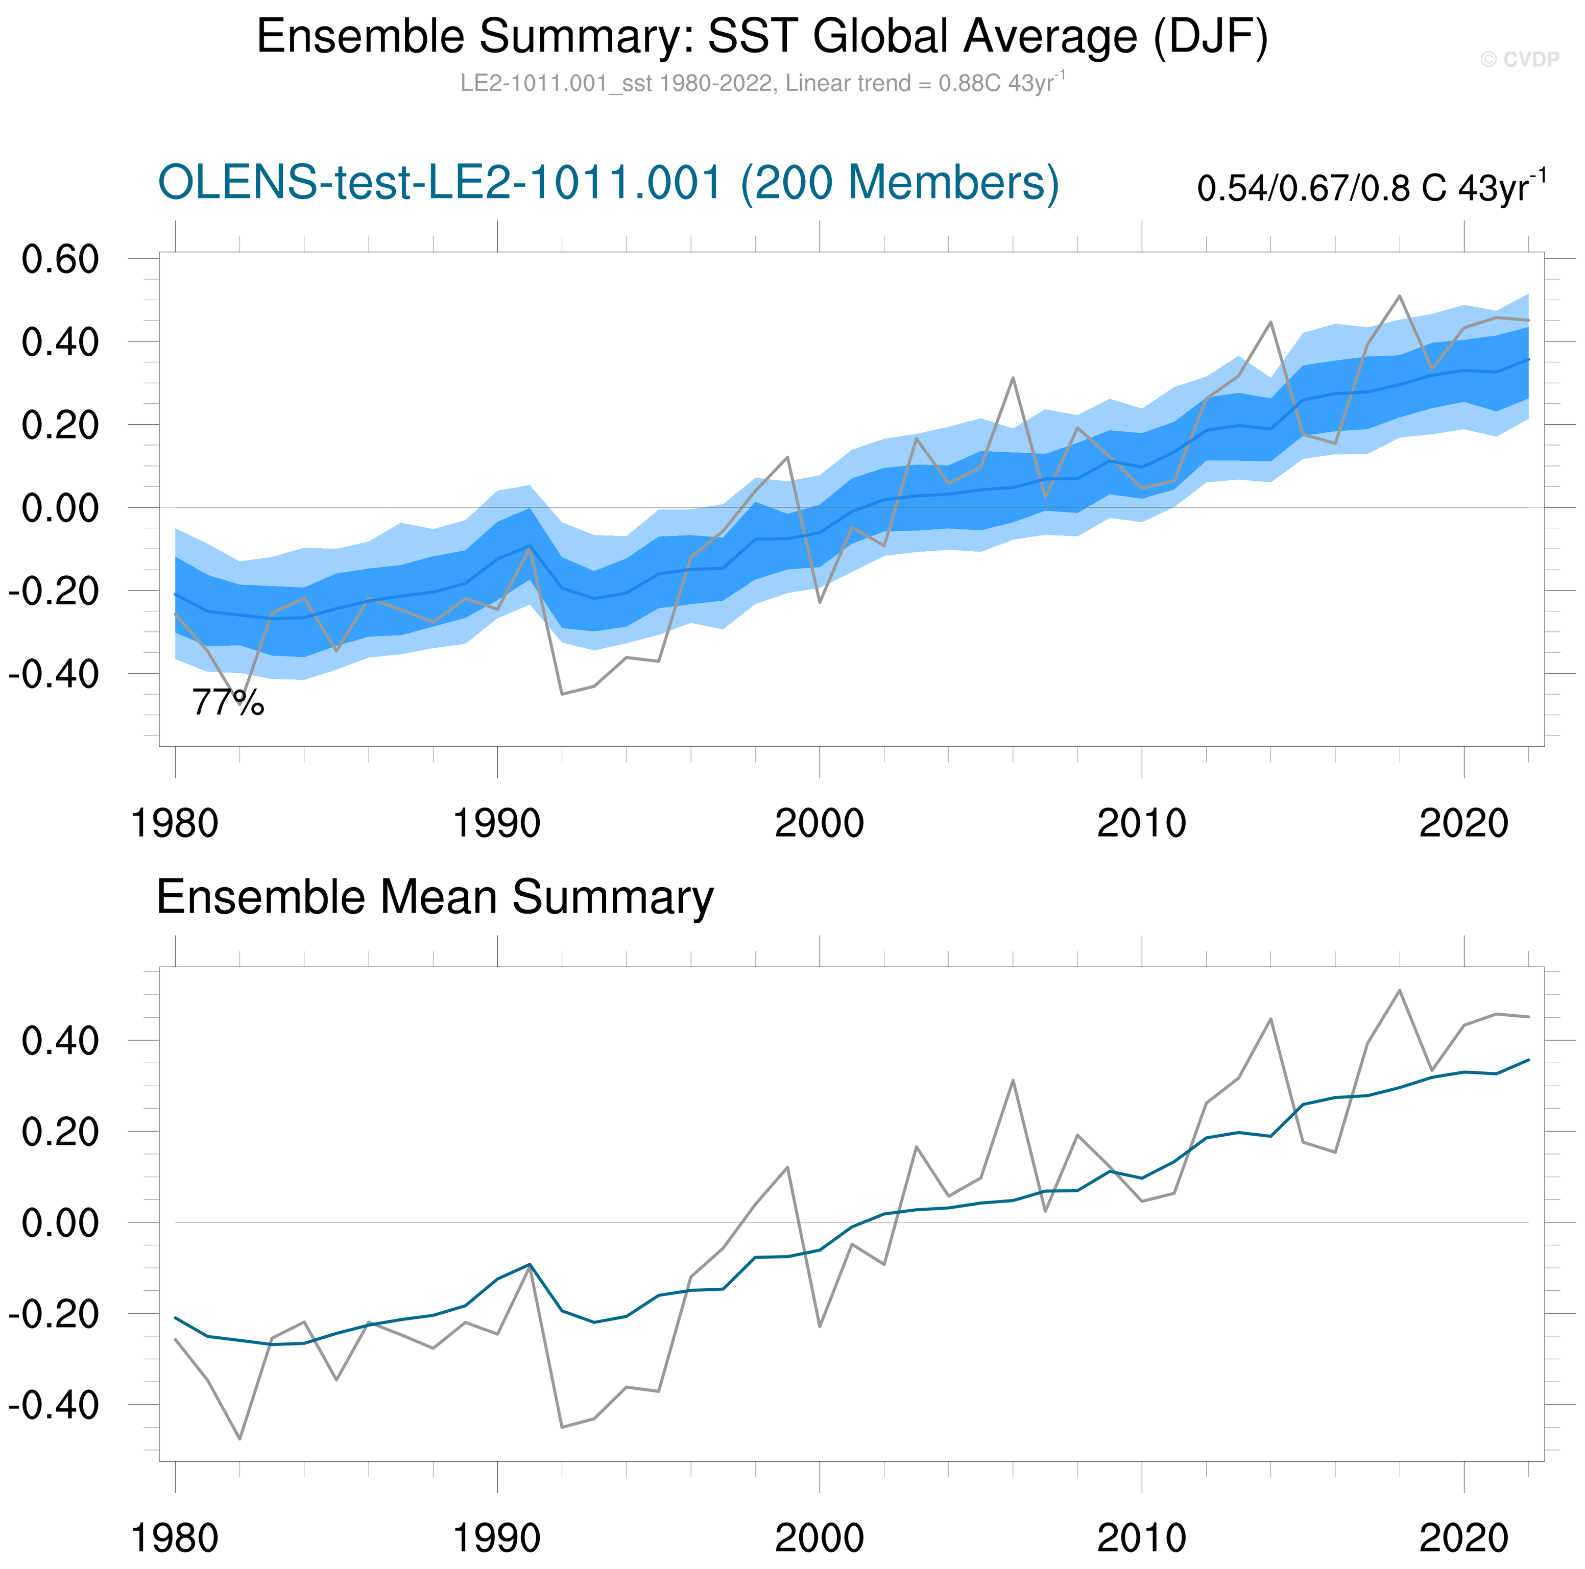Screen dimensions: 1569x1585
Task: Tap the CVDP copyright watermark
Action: pos(1519,59)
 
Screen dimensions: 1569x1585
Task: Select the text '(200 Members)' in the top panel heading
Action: pos(899,182)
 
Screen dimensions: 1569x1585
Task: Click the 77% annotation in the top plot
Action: pos(228,703)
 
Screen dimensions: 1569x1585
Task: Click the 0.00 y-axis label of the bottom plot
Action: pos(60,1223)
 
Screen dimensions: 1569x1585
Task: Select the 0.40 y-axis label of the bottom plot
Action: pos(60,1041)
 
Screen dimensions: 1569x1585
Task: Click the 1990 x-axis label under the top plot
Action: pos(497,823)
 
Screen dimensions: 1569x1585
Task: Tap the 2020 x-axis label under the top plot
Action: pos(1463,823)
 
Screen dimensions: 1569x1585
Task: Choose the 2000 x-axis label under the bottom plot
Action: pos(820,1538)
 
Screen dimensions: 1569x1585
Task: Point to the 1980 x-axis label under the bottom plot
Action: pos(175,1538)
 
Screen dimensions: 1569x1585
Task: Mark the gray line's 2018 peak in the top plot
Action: pos(1400,296)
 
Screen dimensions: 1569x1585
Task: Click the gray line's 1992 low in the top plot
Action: pos(562,694)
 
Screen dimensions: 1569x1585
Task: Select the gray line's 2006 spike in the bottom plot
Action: pos(1013,1080)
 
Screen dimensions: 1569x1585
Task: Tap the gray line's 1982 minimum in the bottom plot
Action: pos(239,1439)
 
